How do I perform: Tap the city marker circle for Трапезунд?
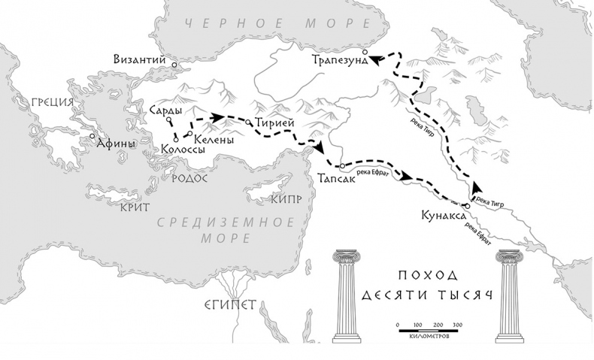click(x=365, y=52)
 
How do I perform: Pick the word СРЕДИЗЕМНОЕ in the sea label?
click(x=225, y=222)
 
